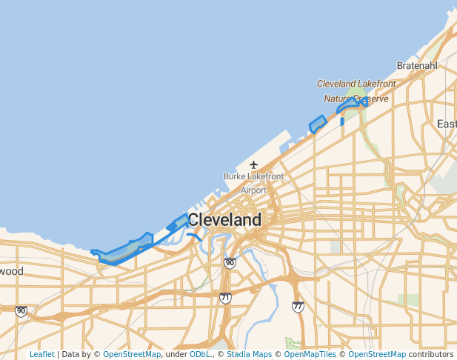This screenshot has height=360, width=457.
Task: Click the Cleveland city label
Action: pyautogui.click(x=224, y=220)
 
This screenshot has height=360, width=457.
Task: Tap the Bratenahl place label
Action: pyautogui.click(x=417, y=66)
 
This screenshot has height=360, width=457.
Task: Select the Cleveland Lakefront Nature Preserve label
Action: pyautogui.click(x=356, y=91)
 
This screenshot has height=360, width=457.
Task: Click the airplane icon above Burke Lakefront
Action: pyautogui.click(x=254, y=164)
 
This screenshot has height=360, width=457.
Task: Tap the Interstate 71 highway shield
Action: pyautogui.click(x=225, y=298)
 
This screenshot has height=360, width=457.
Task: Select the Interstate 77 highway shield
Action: pyautogui.click(x=298, y=306)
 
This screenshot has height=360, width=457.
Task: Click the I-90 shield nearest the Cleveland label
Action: pyautogui.click(x=230, y=263)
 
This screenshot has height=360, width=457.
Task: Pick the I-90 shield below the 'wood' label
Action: pyautogui.click(x=21, y=312)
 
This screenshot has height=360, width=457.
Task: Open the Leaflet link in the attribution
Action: pyautogui.click(x=41, y=355)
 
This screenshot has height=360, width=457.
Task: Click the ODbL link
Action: pyautogui.click(x=200, y=355)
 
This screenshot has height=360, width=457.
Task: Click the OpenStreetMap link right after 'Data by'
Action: pyautogui.click(x=132, y=355)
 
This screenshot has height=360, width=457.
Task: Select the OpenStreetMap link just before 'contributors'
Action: pyautogui.click(x=377, y=355)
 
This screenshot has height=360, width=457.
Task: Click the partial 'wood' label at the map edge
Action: pyautogui.click(x=11, y=271)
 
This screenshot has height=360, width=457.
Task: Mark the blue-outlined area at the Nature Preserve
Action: pyautogui.click(x=353, y=105)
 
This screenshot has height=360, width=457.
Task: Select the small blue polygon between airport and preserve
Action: pyautogui.click(x=318, y=124)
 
